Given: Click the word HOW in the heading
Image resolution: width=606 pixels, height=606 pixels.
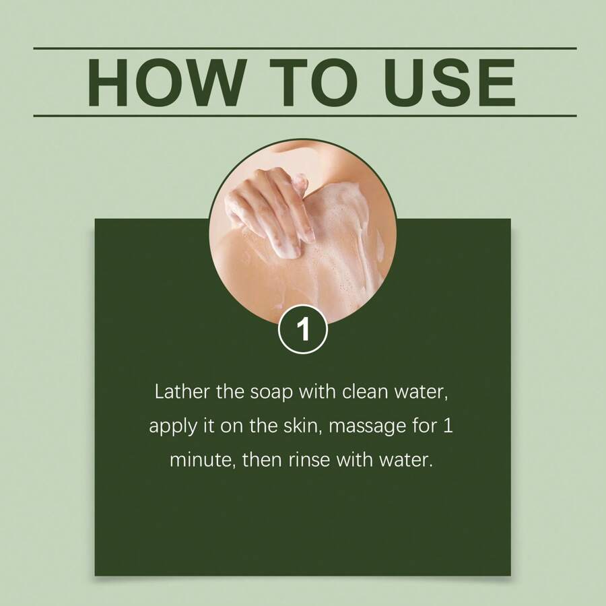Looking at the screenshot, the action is point(167,82).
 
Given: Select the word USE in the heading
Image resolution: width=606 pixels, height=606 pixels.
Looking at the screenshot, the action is point(449,82).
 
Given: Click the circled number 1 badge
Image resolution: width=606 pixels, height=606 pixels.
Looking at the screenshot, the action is point(303,329).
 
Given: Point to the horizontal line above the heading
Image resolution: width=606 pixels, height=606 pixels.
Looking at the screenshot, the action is point(305,48).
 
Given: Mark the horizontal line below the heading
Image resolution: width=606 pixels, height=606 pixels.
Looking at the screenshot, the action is point(305,116).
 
